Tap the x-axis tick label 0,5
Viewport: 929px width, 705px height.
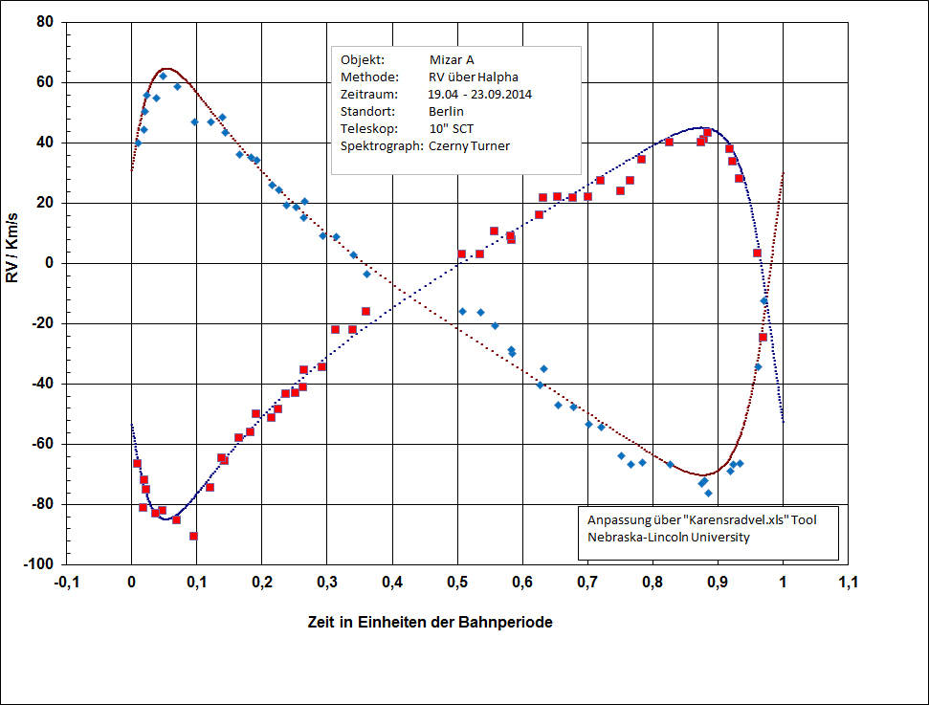[457, 582]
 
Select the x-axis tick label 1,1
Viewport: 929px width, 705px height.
[848, 582]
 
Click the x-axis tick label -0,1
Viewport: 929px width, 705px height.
[65, 582]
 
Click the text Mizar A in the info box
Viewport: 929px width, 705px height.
[453, 59]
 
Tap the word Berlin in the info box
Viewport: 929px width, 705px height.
[447, 111]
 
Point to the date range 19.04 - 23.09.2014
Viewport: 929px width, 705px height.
[480, 94]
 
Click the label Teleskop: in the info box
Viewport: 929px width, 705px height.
[366, 128]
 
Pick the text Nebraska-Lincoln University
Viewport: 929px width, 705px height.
[669, 537]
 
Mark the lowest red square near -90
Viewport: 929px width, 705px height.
[193, 536]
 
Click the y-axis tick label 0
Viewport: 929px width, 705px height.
[53, 263]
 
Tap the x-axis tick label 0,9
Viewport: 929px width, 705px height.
[718, 582]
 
